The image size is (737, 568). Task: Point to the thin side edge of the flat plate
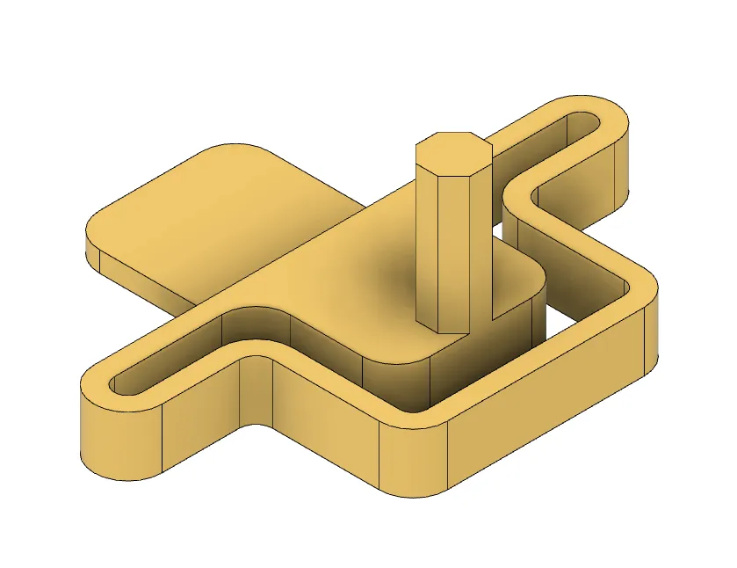tap(141, 277)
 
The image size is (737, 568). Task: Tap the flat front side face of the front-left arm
tap(202, 422)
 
